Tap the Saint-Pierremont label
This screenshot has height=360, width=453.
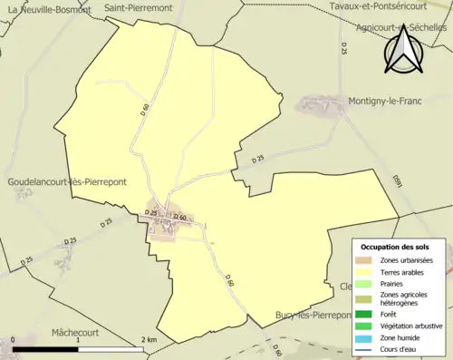point(139,7)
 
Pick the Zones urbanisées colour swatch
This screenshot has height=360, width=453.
point(364,260)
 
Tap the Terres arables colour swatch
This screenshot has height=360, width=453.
point(364,271)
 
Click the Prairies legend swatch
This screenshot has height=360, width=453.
point(364,283)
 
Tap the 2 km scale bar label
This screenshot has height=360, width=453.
point(149,340)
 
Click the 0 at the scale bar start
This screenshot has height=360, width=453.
point(14,340)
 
